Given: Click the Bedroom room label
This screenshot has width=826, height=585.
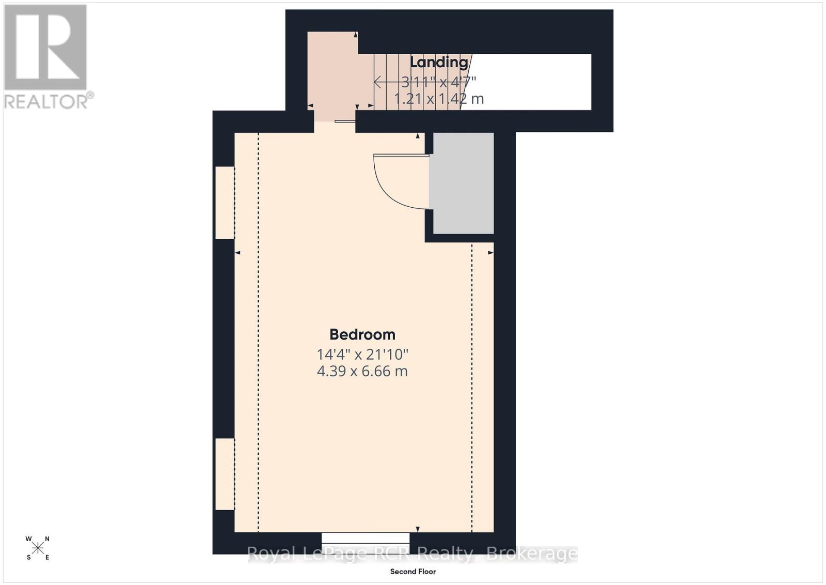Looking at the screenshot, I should pyautogui.click(x=362, y=334).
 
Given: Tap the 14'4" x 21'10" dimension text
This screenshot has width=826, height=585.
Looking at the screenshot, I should pyautogui.click(x=362, y=355).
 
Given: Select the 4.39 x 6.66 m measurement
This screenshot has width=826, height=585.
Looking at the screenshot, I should pyautogui.click(x=362, y=371).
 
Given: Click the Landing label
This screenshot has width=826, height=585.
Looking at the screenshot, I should pyautogui.click(x=439, y=62).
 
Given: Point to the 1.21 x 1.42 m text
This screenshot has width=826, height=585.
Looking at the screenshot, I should pyautogui.click(x=439, y=99).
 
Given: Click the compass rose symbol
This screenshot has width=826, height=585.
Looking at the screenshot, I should pyautogui.click(x=38, y=548).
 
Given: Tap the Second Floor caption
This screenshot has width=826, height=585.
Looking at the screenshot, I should pyautogui.click(x=412, y=572).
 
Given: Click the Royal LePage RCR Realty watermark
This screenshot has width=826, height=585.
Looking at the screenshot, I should pyautogui.click(x=412, y=554).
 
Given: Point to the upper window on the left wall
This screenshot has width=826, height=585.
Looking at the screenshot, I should pyautogui.click(x=225, y=203).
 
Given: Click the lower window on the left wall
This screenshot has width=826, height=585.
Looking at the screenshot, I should pyautogui.click(x=225, y=474).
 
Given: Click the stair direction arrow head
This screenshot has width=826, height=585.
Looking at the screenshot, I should pyautogui.click(x=377, y=82).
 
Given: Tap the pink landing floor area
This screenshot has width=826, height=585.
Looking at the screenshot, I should pyautogui.click(x=332, y=72).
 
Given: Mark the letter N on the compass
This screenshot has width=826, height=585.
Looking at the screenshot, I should pyautogui.click(x=47, y=539).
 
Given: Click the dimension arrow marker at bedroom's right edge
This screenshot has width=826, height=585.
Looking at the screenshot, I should pyautogui.click(x=490, y=253).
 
